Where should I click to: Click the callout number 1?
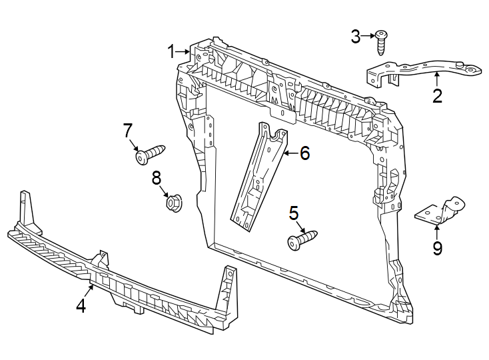click(171, 51)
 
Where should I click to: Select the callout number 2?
click(437, 96)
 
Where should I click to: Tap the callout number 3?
click(356, 37)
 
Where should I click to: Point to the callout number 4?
click(81, 306)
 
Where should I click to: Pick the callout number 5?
click(294, 213)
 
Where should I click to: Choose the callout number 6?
click(304, 153)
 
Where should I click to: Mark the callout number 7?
click(128, 131)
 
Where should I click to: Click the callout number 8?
click(157, 177)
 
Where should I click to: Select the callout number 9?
click(437, 249)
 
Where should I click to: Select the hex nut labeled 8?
click(173, 200)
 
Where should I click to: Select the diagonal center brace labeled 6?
click(258, 177)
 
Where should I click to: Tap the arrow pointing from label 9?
click(437, 232)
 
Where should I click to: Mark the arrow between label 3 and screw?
click(367, 37)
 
